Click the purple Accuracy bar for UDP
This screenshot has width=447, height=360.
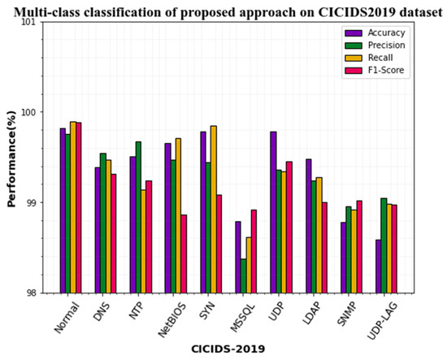click(273, 212)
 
